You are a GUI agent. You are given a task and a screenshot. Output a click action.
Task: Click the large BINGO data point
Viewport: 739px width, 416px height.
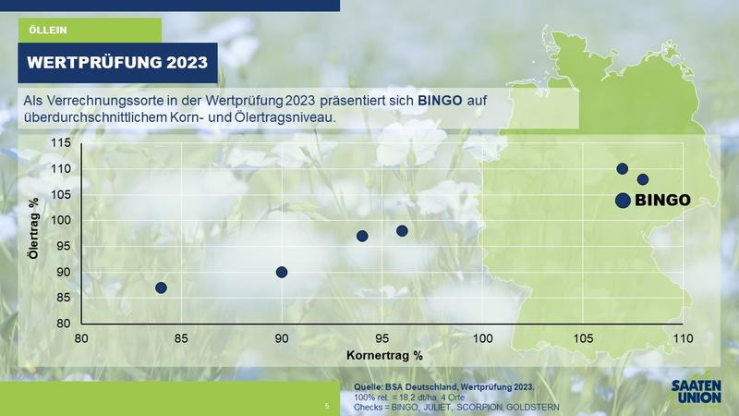click(x=623, y=201)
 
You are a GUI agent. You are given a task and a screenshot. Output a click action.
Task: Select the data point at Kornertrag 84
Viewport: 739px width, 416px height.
click(x=161, y=288)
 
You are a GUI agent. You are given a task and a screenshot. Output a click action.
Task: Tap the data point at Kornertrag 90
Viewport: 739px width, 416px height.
click(x=282, y=272)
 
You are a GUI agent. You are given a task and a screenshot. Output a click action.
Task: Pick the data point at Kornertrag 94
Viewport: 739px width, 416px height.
click(x=362, y=236)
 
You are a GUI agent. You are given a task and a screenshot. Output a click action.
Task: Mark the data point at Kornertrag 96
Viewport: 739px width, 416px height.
click(x=402, y=230)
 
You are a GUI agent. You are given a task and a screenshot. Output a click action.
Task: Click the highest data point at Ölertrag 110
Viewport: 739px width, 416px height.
click(x=622, y=168)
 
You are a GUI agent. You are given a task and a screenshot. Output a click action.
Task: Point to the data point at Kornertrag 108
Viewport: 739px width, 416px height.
click(x=642, y=179)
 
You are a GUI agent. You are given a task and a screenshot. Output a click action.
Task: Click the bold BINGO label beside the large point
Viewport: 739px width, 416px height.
click(x=662, y=200)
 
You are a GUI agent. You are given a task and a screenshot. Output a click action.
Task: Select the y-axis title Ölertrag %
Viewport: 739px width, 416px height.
click(x=33, y=227)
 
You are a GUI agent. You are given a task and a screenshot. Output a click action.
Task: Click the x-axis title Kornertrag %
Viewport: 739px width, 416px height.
click(x=384, y=355)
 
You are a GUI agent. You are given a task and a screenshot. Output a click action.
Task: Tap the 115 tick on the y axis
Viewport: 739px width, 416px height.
click(x=61, y=142)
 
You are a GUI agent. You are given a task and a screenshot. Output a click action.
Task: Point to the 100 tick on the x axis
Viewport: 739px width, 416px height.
click(x=482, y=338)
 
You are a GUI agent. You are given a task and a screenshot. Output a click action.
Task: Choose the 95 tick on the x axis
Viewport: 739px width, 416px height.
click(x=382, y=338)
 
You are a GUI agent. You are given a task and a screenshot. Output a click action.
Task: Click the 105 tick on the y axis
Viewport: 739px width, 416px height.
click(x=61, y=194)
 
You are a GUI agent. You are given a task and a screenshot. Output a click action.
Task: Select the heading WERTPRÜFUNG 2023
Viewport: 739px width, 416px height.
click(x=117, y=62)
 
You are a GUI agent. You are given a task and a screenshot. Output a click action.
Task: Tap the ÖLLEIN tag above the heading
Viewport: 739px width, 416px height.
click(x=48, y=31)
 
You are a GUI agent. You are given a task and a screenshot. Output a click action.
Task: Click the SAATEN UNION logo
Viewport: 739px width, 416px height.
click(x=697, y=391)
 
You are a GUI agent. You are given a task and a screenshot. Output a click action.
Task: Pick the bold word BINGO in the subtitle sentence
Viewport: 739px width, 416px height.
click(x=441, y=101)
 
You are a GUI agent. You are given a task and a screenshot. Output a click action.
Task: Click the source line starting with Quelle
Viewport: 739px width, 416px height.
click(x=444, y=387)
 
